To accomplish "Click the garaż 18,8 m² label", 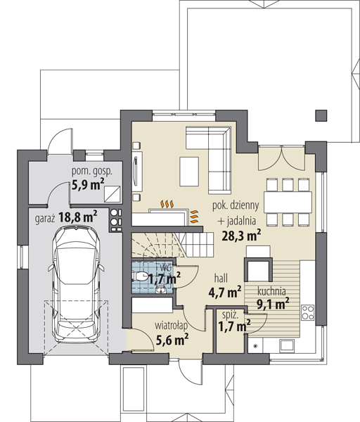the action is click(66, 217).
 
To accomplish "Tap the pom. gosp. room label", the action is click(91, 172).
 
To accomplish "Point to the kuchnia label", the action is click(271, 291).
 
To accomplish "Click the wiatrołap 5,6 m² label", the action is click(172, 333).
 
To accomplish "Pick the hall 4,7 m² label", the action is click(225, 286).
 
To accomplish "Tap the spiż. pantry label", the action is click(230, 315).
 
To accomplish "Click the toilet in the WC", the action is click(140, 276).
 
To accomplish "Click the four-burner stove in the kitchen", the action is click(307, 312).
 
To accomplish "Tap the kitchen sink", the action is click(287, 346).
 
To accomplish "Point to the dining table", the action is click(288, 202).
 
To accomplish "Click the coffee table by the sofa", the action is click(189, 172).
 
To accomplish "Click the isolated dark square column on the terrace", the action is click(321, 115).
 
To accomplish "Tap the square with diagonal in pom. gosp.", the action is click(112, 194).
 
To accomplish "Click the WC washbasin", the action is click(161, 290).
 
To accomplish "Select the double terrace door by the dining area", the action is click(281, 158).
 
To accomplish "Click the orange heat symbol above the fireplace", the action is click(167, 204).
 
